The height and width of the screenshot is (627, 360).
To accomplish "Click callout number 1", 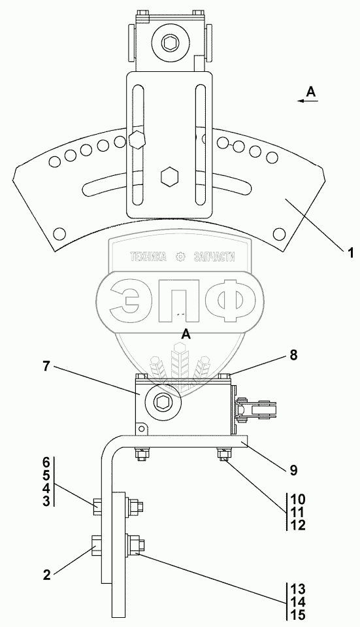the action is click(x=350, y=253).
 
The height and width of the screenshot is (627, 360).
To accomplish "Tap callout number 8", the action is click(x=293, y=356).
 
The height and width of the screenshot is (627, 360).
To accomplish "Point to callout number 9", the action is click(x=293, y=470).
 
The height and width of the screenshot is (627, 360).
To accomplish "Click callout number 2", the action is click(x=47, y=575).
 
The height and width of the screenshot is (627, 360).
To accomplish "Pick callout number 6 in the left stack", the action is click(x=47, y=463).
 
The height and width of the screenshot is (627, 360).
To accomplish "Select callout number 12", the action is click(x=299, y=524).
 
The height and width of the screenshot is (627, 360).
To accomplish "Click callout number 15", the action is click(x=299, y=614).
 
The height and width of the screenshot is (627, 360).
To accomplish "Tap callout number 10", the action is click(x=299, y=499).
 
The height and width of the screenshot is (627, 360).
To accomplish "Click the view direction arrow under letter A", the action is click(x=308, y=101).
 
